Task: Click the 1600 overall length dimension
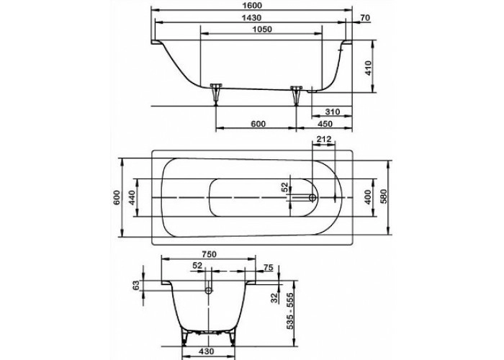pos(253,6)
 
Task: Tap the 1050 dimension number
pos(262,30)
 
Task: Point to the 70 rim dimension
pos(365,18)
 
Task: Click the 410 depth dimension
pos(369,68)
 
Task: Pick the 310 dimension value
pos(332,112)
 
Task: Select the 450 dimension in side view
pos(325,124)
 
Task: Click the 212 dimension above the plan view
pos(324,140)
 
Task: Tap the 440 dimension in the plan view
pos(132,197)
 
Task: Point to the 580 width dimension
pos(384,197)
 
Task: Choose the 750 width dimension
pos(209,254)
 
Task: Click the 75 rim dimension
pos(269,267)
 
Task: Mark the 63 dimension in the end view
pos(136,285)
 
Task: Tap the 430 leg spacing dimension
pos(206,351)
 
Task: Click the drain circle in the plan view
pos(312,198)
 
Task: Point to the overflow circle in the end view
pos(209,291)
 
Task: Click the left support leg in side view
pos(216,94)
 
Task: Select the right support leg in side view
pos(296,95)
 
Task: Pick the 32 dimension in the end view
pos(274,298)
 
